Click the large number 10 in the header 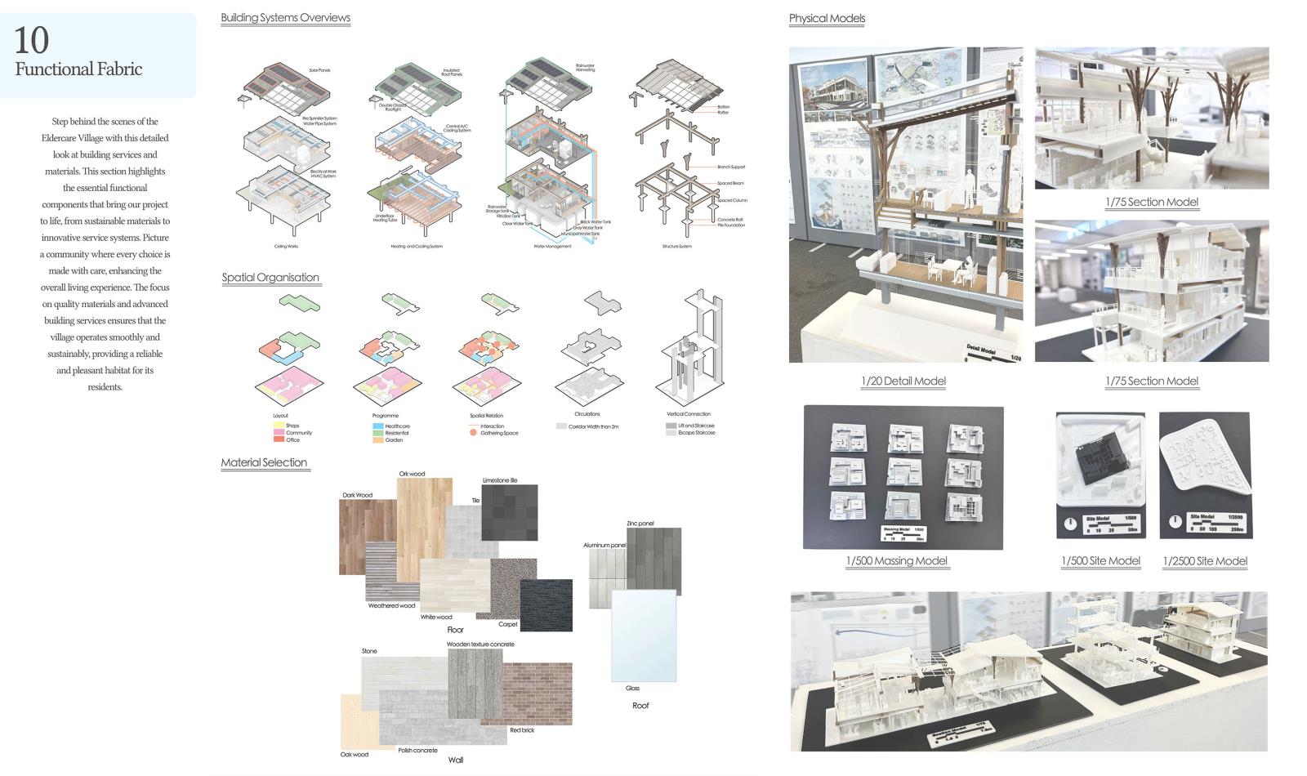pyautogui.click(x=32, y=40)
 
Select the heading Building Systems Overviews pyautogui.click(x=285, y=18)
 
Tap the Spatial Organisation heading pyautogui.click(x=270, y=278)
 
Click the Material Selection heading pyautogui.click(x=264, y=462)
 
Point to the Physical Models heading pyautogui.click(x=827, y=19)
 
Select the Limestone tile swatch pyautogui.click(x=511, y=511)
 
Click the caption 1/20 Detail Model pyautogui.click(x=903, y=381)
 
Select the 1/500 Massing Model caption pyautogui.click(x=896, y=561)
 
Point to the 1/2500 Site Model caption pyautogui.click(x=1205, y=561)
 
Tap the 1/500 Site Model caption pyautogui.click(x=1100, y=561)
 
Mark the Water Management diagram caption pyautogui.click(x=552, y=246)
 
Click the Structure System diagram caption pyautogui.click(x=676, y=246)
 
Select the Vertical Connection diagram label pyautogui.click(x=688, y=414)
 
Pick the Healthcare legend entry pyautogui.click(x=397, y=426)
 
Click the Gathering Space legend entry pyautogui.click(x=498, y=433)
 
